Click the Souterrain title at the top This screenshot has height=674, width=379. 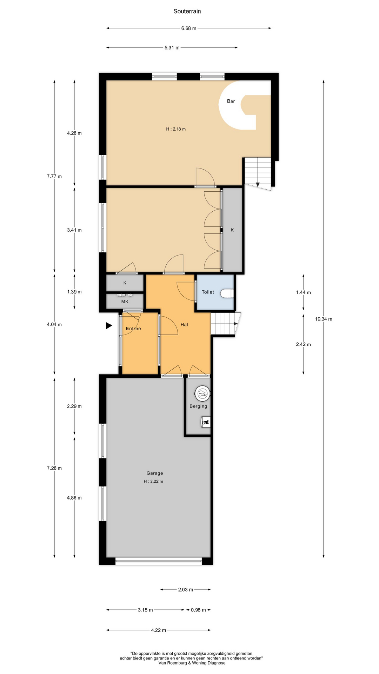[187, 11]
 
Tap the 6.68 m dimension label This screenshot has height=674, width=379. [188, 28]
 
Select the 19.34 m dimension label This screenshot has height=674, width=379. [324, 319]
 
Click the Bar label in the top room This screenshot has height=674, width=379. [231, 101]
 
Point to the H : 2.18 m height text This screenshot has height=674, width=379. [176, 129]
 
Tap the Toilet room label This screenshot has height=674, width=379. [208, 292]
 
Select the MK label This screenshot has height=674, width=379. [125, 301]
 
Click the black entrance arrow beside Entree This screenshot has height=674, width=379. [109, 326]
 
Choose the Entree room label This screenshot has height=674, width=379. [133, 329]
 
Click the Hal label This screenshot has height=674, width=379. [184, 325]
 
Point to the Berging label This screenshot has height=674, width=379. [198, 406]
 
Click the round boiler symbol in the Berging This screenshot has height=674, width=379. [203, 394]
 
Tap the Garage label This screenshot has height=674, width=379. [155, 473]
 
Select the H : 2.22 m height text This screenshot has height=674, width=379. [153, 481]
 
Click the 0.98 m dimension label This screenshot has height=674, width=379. [198, 610]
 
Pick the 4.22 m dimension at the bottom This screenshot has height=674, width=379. [159, 630]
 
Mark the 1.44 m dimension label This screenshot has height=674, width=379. [304, 292]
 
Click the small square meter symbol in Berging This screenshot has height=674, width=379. [206, 422]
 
